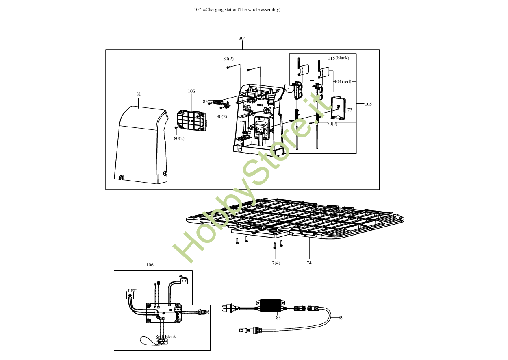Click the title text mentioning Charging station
(237, 10)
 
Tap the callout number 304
(242, 38)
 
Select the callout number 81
(139, 94)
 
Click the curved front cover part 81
(140, 142)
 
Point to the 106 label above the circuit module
(191, 91)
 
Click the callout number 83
(205, 101)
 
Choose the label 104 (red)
(342, 81)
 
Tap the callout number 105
(368, 104)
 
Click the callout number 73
(350, 110)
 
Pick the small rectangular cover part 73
(338, 108)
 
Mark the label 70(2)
(332, 124)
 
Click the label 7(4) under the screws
(276, 263)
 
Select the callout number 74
(309, 263)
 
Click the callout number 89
(341, 318)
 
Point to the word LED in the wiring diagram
(132, 291)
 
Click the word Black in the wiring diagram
(170, 336)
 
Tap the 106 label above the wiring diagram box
(150, 265)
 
